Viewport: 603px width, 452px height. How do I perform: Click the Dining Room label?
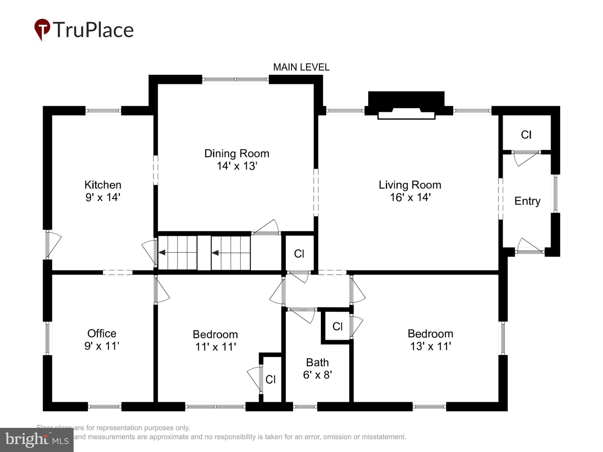coord(237,154)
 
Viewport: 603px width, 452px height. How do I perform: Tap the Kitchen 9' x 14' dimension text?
coord(103,197)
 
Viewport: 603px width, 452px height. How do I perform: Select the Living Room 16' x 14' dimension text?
coord(410,197)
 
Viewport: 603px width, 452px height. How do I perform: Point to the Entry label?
coord(527,201)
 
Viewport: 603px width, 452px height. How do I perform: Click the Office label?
coord(102,333)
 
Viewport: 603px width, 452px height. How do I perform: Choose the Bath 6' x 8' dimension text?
coord(317,375)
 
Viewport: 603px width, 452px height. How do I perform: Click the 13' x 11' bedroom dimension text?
coord(430,346)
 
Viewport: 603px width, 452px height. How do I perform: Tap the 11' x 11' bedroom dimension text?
coord(216,347)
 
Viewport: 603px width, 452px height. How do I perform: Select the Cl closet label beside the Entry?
coord(526,135)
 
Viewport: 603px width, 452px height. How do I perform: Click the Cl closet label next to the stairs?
coord(299,254)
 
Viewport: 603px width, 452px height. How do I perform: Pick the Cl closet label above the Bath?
coord(337,326)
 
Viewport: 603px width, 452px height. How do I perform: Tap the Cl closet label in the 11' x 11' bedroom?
coord(270,380)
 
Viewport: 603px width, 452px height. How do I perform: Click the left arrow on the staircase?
coord(162,252)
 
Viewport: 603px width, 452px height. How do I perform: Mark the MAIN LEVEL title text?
coord(301,67)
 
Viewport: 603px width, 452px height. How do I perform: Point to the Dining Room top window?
coord(235,79)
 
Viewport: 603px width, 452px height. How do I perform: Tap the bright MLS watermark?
coord(37,440)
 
